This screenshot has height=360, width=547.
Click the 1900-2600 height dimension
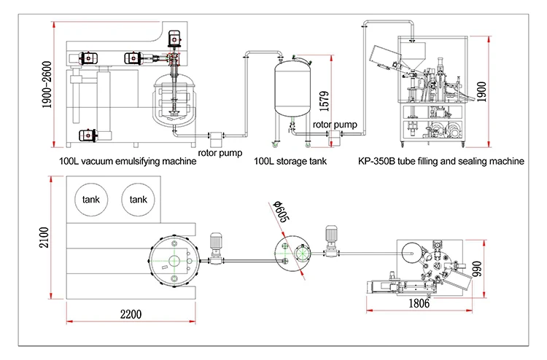(x=47, y=85)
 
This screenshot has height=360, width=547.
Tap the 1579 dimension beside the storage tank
(x=324, y=101)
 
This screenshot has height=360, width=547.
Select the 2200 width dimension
(x=131, y=314)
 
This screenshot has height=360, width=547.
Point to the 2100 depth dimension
(x=44, y=238)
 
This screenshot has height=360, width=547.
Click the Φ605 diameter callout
(x=282, y=211)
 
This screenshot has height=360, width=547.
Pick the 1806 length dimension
(x=419, y=303)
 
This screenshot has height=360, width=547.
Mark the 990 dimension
(x=476, y=269)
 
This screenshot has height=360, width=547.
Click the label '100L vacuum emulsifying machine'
(x=128, y=161)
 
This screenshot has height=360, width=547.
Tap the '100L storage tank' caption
(x=290, y=161)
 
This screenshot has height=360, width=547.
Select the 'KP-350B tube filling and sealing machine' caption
(x=441, y=161)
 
